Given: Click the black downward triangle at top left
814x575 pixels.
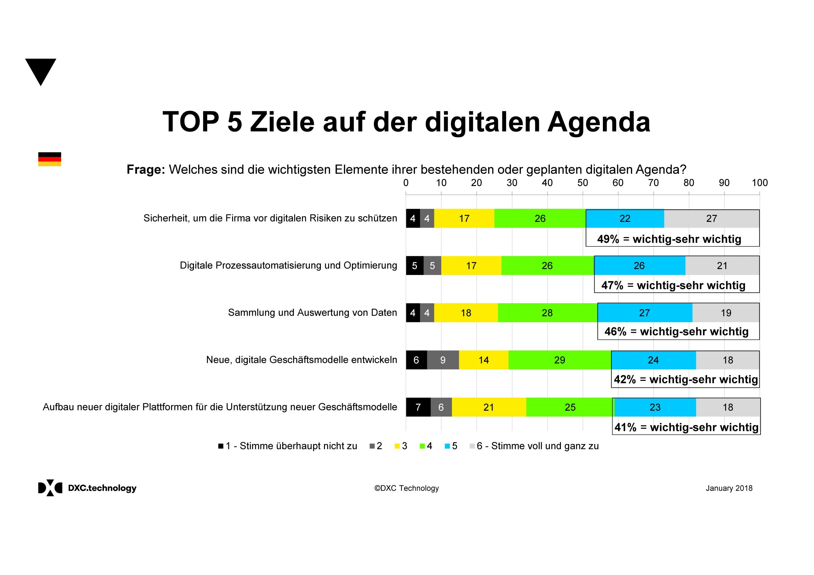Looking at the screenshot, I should point(40,70).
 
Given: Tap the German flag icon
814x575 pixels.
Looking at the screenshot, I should point(50,159).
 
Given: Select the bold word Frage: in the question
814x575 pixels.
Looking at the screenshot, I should point(146,170).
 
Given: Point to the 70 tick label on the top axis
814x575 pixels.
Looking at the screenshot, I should point(653,183).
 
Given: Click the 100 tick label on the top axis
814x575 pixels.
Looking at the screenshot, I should point(759,183).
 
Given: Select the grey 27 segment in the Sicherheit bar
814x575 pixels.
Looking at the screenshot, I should point(711,219).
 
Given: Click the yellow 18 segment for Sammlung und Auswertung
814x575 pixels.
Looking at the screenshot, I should point(466,313).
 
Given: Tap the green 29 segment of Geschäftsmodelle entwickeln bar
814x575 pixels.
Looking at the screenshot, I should point(559,360).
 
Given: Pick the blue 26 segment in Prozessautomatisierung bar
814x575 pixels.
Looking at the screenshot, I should point(639,266).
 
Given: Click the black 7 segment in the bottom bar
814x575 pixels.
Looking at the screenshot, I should point(418,407).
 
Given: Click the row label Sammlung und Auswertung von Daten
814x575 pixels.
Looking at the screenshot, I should point(312,313).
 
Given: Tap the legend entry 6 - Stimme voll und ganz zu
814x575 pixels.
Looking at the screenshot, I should point(537,446).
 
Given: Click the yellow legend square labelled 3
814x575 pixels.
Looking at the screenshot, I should point(397,446).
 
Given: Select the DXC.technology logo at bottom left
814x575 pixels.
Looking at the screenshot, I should point(87,488).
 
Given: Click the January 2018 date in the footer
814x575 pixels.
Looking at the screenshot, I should point(728,488).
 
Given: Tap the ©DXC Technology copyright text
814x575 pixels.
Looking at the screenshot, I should point(406,488).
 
